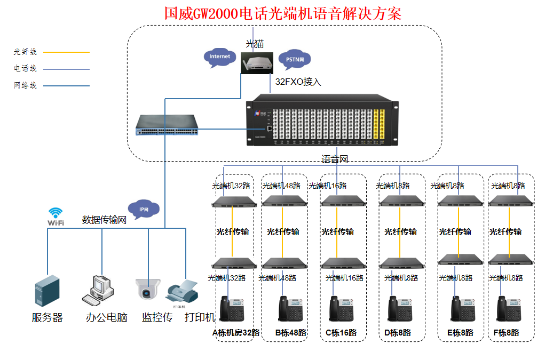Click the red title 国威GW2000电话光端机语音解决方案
point(282,13)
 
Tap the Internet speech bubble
point(219,57)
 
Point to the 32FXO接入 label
point(298,82)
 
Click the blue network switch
point(167,125)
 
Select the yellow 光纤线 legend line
point(66,52)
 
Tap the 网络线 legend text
point(25,85)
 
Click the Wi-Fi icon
point(56,217)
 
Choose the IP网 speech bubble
point(143,210)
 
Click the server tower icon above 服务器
point(47,291)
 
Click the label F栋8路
point(506,332)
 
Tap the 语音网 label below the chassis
point(335,159)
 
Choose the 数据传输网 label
point(104,220)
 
